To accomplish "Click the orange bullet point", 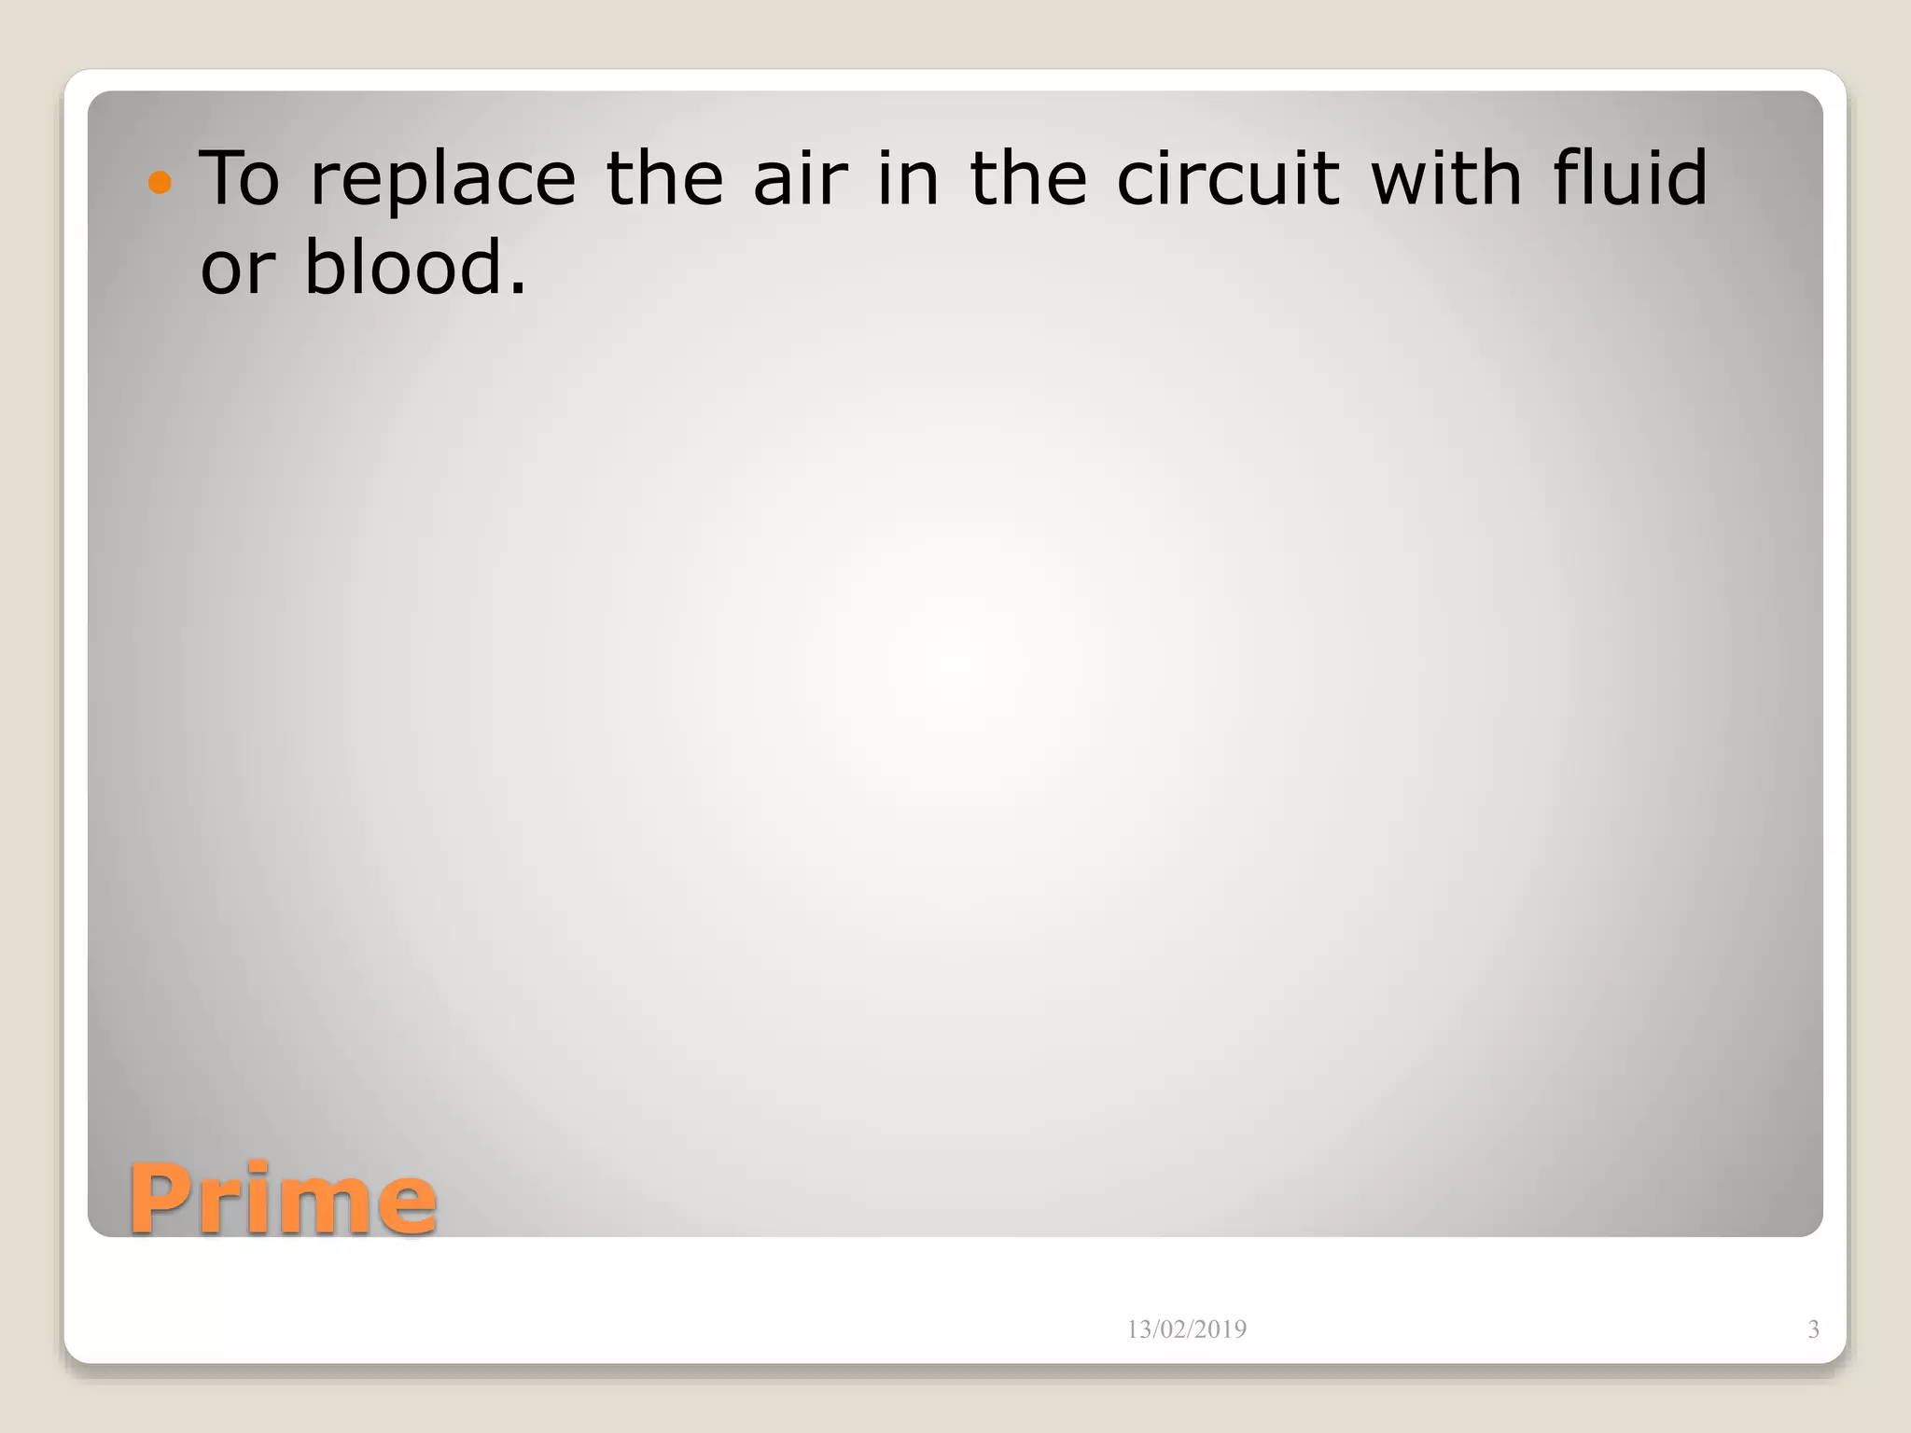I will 160,182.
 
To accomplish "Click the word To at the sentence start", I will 240,179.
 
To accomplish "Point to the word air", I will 801,179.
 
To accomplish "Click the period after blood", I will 518,289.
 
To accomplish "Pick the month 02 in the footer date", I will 1175,1329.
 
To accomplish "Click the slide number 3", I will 1813,1329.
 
